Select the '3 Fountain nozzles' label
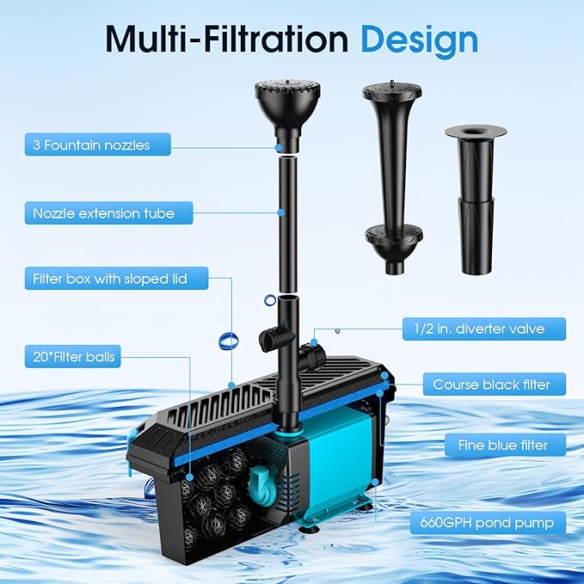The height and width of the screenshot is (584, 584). click(x=90, y=144)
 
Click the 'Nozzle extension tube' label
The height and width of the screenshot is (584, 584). click(x=103, y=213)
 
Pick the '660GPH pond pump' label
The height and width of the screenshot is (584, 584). click(x=487, y=521)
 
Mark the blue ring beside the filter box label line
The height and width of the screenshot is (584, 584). click(x=228, y=340)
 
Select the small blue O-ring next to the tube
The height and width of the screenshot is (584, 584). click(x=272, y=299)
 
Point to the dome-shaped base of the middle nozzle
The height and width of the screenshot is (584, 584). click(x=391, y=236)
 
